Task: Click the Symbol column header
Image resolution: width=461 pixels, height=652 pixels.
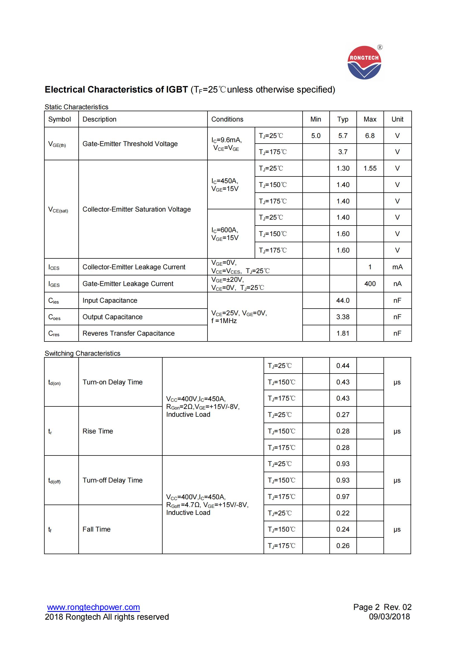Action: [59, 119]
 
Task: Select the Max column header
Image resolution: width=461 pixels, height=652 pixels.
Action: [370, 119]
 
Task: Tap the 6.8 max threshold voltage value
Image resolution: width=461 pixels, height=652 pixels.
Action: [370, 136]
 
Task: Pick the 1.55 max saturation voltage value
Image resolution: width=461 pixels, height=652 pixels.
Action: [370, 168]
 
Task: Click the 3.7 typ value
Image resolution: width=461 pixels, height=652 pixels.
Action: [343, 152]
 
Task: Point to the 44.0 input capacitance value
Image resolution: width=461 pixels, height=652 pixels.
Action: [343, 300]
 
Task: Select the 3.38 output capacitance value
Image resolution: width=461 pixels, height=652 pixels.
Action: [343, 317]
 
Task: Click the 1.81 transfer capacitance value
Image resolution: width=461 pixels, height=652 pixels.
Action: [343, 333]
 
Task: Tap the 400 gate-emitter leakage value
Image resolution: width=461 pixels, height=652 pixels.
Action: [370, 284]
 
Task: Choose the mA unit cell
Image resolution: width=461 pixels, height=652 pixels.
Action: [397, 267]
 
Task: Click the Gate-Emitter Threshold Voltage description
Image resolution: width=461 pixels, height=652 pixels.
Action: [130, 144]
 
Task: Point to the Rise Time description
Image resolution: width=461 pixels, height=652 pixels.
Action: [98, 431]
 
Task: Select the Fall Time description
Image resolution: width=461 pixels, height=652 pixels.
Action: [96, 529]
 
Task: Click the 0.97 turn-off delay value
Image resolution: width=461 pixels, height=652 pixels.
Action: [343, 497]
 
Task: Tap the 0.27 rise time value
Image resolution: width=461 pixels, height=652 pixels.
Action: [343, 415]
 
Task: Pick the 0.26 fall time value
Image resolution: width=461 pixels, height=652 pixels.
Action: [343, 546]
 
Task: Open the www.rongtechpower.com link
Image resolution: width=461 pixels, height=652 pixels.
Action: [93, 607]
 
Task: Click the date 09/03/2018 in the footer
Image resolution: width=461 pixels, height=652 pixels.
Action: [389, 617]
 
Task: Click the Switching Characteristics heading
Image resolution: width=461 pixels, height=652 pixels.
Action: [82, 353]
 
